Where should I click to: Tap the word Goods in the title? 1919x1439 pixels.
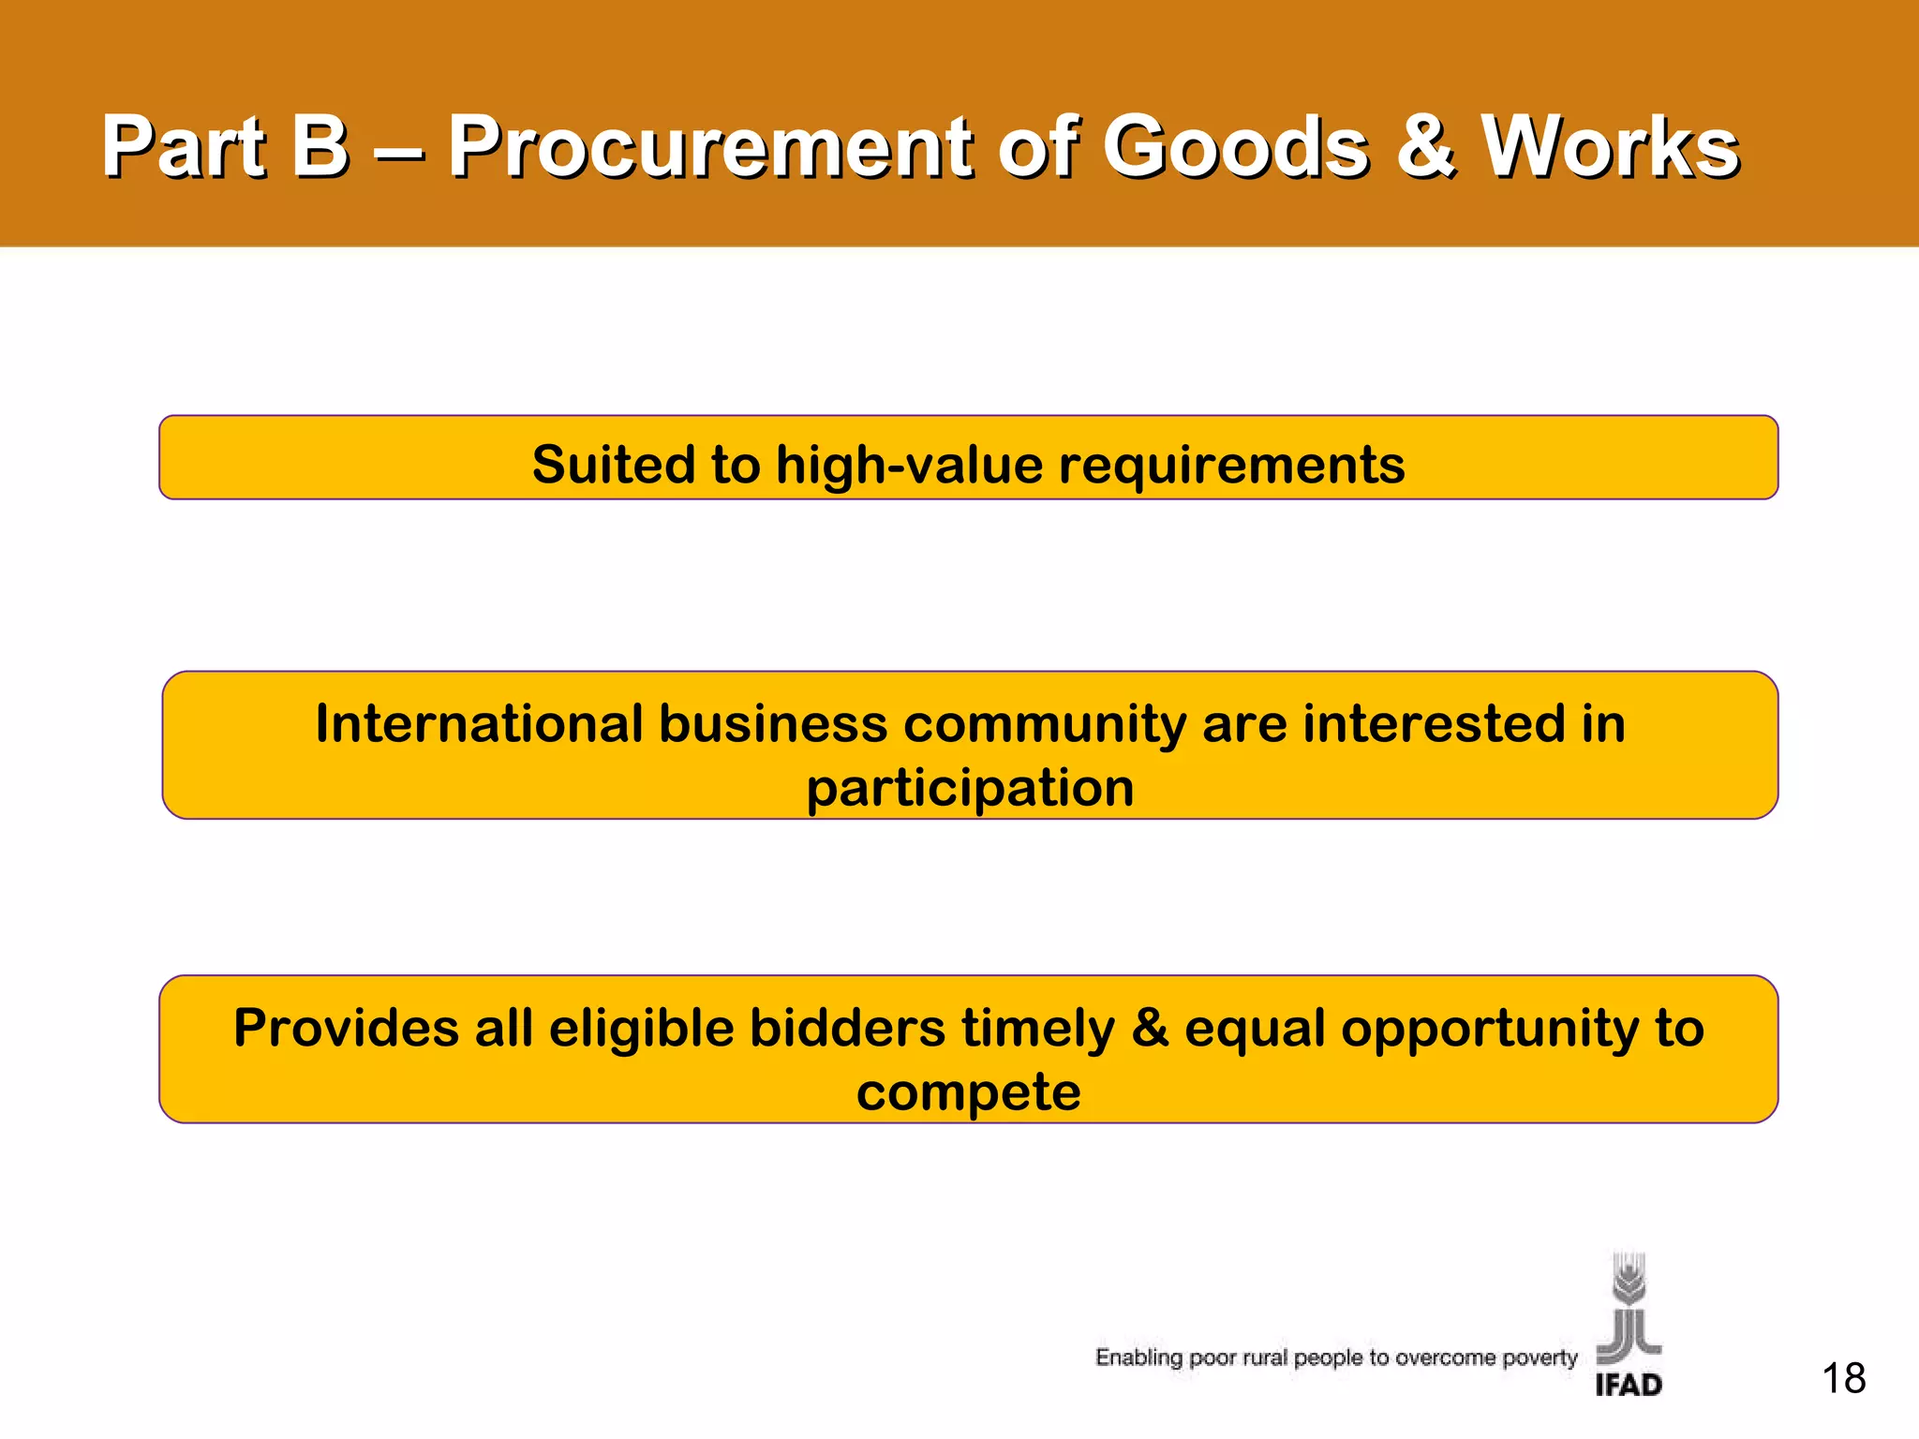click(x=1235, y=147)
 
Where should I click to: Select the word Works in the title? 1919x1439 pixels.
click(x=1610, y=147)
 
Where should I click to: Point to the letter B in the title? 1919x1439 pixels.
click(x=319, y=147)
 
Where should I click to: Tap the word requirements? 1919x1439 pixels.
click(x=1231, y=466)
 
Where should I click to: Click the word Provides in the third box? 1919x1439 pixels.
click(x=345, y=1028)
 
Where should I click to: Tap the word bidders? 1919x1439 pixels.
click(x=847, y=1028)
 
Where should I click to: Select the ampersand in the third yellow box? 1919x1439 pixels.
click(x=1150, y=1028)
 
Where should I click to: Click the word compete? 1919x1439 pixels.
click(x=968, y=1092)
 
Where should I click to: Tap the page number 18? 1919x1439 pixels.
click(x=1843, y=1379)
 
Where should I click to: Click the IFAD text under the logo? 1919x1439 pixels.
click(x=1629, y=1384)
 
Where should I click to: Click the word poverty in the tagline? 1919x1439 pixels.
click(x=1540, y=1357)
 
